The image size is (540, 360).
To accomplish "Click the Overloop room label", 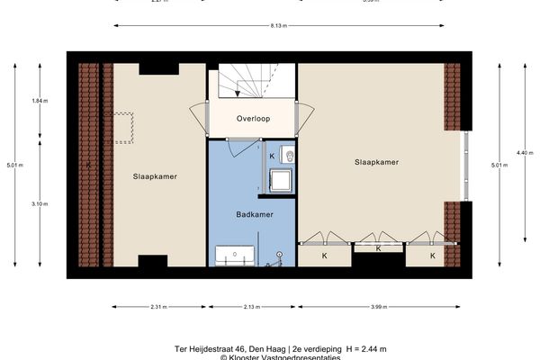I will click(252, 118).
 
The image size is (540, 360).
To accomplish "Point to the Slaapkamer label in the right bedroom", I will click(376, 162).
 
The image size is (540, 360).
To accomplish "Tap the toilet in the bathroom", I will click(288, 156).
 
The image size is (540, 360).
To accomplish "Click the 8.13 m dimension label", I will click(278, 25).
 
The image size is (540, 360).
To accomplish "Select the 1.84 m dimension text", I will click(39, 101).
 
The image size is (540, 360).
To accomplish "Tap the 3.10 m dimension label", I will click(39, 203).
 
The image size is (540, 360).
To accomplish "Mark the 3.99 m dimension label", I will click(377, 308).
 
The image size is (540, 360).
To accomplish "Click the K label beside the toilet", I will click(274, 156).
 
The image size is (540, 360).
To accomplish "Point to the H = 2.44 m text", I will click(350, 347).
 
